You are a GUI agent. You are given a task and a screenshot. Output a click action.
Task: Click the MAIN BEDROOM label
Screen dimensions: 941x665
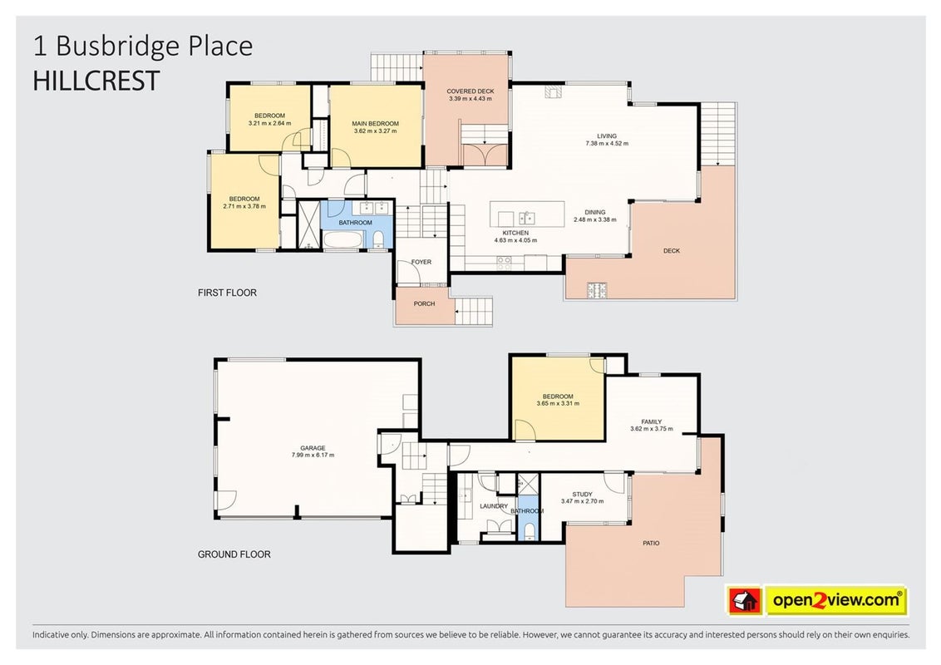click(x=375, y=124)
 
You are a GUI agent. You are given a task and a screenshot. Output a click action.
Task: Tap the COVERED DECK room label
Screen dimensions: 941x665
click(x=470, y=91)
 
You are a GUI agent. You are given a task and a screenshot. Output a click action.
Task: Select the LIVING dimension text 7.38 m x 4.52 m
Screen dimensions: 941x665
click(x=607, y=144)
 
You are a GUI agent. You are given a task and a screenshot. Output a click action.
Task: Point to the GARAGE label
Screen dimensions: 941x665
click(x=313, y=448)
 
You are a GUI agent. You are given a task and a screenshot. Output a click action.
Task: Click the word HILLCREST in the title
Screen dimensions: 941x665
click(x=96, y=81)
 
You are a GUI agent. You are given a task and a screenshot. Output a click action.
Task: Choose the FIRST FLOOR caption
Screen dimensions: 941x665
click(x=228, y=293)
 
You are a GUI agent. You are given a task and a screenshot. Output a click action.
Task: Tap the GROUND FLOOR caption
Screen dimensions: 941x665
click(x=234, y=554)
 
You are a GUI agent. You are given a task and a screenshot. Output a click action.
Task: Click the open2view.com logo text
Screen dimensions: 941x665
click(x=836, y=599)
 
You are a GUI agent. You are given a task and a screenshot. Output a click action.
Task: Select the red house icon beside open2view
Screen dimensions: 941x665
click(x=744, y=600)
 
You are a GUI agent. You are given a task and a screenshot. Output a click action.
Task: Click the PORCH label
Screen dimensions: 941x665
click(x=424, y=303)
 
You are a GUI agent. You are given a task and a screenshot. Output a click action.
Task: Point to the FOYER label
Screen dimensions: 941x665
click(x=421, y=263)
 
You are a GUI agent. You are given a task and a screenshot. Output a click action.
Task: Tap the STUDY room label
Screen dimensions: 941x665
click(x=582, y=495)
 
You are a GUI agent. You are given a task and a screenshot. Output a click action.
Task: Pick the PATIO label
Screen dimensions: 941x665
click(x=651, y=543)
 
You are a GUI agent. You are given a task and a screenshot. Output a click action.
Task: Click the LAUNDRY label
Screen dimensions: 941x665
click(x=494, y=506)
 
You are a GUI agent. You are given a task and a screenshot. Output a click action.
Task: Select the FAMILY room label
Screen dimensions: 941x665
click(x=651, y=422)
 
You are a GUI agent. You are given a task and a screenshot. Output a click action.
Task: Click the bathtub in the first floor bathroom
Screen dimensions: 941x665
click(x=342, y=241)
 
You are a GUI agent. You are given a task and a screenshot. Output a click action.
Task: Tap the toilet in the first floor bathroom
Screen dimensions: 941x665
click(x=378, y=241)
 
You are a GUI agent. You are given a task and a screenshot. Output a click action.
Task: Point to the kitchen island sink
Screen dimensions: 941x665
click(x=528, y=217)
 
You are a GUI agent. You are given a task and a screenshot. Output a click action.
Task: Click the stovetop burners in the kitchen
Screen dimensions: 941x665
click(x=504, y=262)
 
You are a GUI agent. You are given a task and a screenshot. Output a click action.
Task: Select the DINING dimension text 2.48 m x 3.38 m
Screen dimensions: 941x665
click(x=594, y=219)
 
